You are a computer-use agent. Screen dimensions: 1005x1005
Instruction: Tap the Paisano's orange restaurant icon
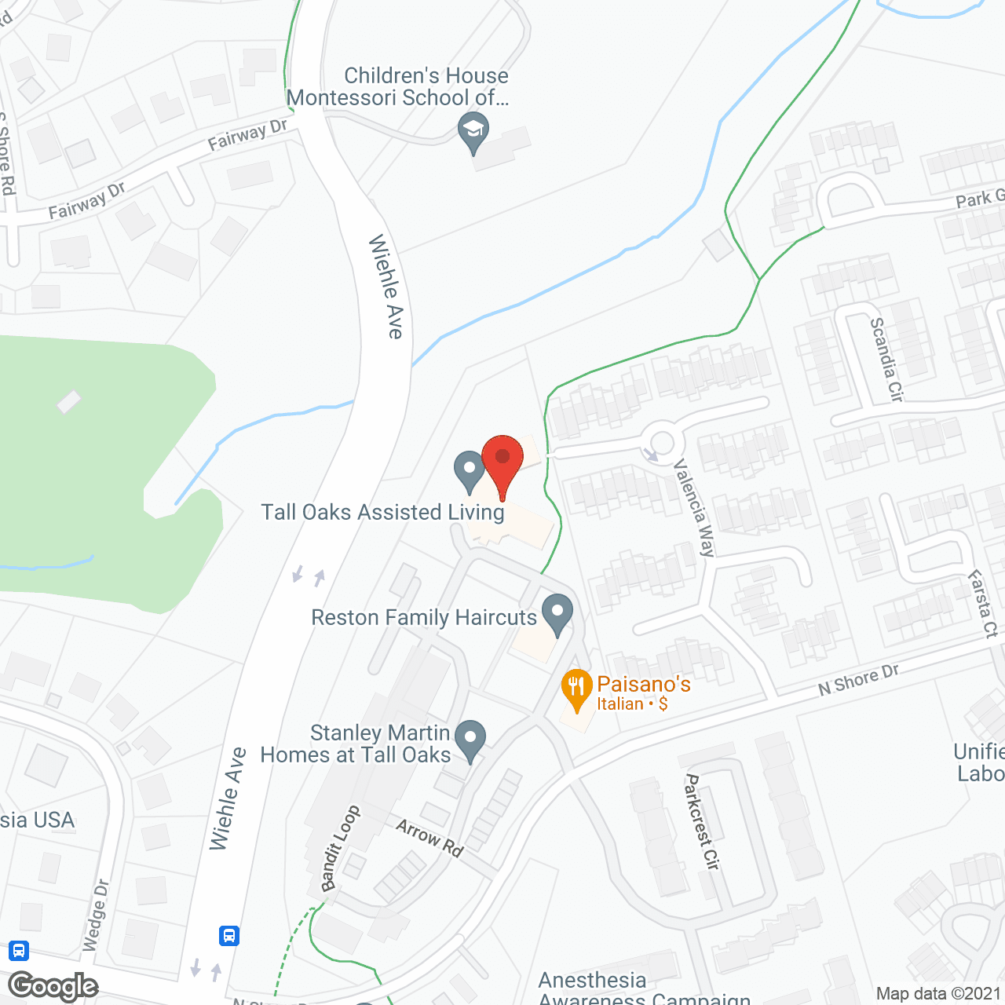(x=577, y=687)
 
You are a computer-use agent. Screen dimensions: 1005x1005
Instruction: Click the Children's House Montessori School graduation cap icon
(x=473, y=131)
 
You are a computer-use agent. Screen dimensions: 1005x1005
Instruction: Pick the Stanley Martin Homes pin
(x=470, y=739)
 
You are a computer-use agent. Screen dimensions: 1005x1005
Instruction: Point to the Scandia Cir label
(x=886, y=359)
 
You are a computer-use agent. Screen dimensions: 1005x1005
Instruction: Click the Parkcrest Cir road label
(x=702, y=821)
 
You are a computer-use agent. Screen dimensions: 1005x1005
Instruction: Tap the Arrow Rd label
(x=429, y=838)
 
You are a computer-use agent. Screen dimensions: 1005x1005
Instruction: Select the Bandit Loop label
(x=341, y=848)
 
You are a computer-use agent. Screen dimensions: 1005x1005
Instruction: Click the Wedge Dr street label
(x=96, y=915)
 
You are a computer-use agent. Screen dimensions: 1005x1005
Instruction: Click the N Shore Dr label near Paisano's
(x=858, y=679)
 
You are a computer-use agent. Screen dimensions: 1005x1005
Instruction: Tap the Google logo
(x=53, y=985)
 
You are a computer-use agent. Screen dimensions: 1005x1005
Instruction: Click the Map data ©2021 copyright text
(x=938, y=994)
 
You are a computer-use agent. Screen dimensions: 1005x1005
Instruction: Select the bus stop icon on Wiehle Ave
(x=229, y=935)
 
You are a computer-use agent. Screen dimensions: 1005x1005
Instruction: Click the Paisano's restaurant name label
(x=644, y=685)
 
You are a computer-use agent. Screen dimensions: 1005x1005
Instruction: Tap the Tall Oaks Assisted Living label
(x=382, y=513)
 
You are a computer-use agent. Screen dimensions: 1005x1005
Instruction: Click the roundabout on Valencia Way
(x=661, y=443)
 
